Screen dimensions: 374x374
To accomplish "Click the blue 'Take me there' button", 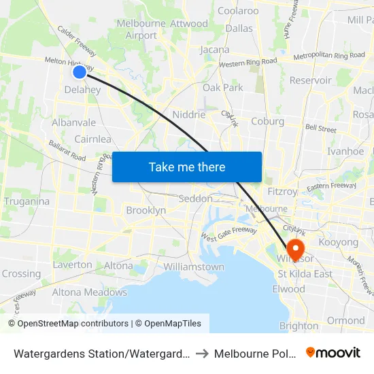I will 187,167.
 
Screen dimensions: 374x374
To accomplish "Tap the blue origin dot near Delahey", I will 79,71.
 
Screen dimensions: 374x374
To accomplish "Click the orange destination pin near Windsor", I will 296,248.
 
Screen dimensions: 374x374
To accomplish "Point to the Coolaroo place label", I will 238,11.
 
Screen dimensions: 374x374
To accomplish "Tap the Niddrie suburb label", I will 189,115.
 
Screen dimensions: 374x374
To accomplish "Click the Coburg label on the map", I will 267,122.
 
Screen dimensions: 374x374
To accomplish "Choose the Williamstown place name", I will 194,267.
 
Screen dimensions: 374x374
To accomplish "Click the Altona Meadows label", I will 90,292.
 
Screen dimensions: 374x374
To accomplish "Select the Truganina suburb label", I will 27,201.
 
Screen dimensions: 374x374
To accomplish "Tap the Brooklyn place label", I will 146,211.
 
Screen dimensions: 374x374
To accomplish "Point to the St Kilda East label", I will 305,274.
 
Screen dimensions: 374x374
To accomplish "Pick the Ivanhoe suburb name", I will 345,152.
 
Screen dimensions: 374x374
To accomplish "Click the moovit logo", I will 333,352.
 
